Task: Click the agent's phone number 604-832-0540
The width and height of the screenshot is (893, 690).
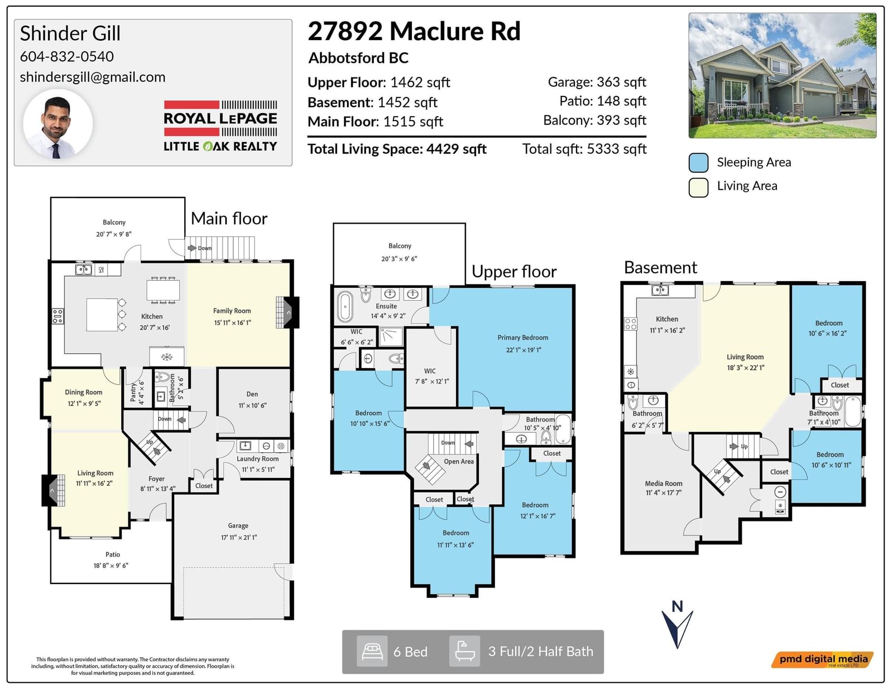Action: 67,56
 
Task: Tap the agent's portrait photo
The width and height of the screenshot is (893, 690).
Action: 58,124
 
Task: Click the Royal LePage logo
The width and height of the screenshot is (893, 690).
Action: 220,126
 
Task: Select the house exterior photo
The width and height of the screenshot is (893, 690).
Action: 782,75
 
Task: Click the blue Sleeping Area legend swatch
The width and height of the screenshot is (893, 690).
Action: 698,163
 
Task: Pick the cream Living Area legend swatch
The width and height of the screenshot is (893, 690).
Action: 698,187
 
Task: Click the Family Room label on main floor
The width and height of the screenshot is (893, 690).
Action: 232,311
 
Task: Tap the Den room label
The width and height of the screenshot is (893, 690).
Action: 252,394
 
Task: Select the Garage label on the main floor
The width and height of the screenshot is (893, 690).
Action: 238,525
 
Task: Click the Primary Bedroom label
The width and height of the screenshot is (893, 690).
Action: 523,337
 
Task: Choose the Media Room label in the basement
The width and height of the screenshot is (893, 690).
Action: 664,484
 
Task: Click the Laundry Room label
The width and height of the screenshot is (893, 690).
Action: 258,459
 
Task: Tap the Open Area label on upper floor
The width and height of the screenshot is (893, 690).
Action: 459,462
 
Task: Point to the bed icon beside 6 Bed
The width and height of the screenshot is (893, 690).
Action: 372,652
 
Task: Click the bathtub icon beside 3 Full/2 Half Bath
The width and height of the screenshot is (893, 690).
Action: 464,652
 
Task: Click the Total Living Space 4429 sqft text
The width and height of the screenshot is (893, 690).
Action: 397,149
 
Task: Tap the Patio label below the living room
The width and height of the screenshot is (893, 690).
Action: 113,555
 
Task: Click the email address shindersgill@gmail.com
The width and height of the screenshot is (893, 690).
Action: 93,77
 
